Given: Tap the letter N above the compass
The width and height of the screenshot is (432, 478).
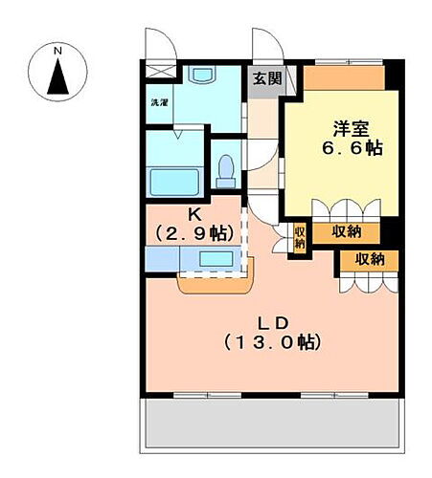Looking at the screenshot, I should [x=58, y=50].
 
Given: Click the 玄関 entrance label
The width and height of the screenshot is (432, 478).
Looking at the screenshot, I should [x=265, y=79].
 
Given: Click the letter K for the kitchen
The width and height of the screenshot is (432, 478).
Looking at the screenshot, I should [x=193, y=214].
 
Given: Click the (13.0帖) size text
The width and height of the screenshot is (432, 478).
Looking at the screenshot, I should [x=271, y=340].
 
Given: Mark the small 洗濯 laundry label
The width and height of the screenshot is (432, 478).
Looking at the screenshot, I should [x=158, y=101].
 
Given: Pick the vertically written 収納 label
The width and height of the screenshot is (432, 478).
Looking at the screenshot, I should [x=299, y=236].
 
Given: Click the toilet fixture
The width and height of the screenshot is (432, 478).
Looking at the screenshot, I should [x=226, y=170].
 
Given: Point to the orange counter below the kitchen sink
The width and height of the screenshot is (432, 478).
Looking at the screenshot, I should [x=213, y=282].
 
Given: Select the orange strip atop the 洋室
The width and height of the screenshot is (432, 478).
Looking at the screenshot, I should [x=345, y=76].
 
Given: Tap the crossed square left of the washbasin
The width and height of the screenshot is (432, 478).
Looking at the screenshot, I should [x=159, y=71].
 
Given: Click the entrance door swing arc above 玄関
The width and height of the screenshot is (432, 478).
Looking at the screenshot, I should [x=267, y=45].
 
